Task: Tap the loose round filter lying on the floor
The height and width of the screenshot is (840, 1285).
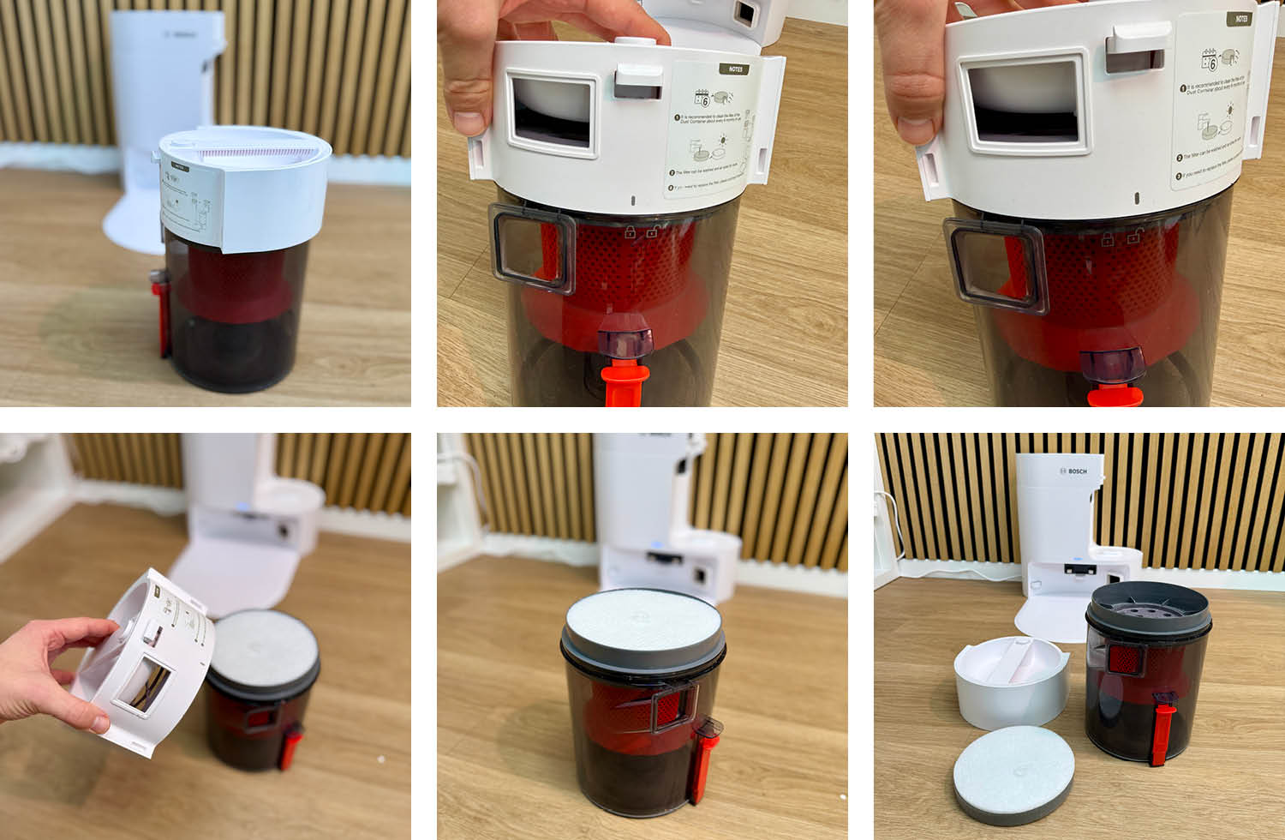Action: pos(1015,773)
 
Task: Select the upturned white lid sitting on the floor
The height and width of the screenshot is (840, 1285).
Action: pos(1011,686)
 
